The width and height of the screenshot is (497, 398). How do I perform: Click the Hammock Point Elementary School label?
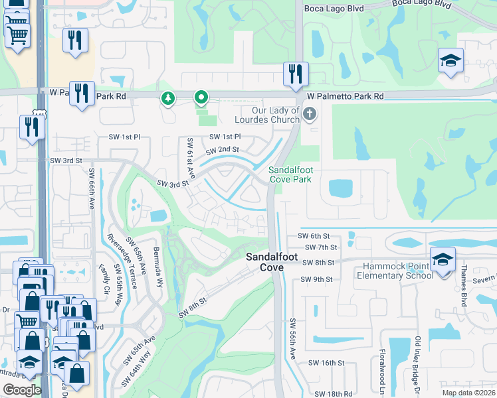coord(398,271)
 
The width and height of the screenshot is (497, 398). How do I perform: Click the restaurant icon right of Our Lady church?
coord(295,74)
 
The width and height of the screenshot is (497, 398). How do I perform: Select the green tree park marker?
coord(169,99)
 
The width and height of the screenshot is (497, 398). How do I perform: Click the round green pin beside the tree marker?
coord(201,99)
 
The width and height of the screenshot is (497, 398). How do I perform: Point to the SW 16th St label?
coord(330,363)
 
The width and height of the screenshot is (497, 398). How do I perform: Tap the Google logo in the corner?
coord(22,390)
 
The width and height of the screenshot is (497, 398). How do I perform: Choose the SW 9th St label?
coord(316,279)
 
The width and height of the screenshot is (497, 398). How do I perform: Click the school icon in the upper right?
coord(450,61)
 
